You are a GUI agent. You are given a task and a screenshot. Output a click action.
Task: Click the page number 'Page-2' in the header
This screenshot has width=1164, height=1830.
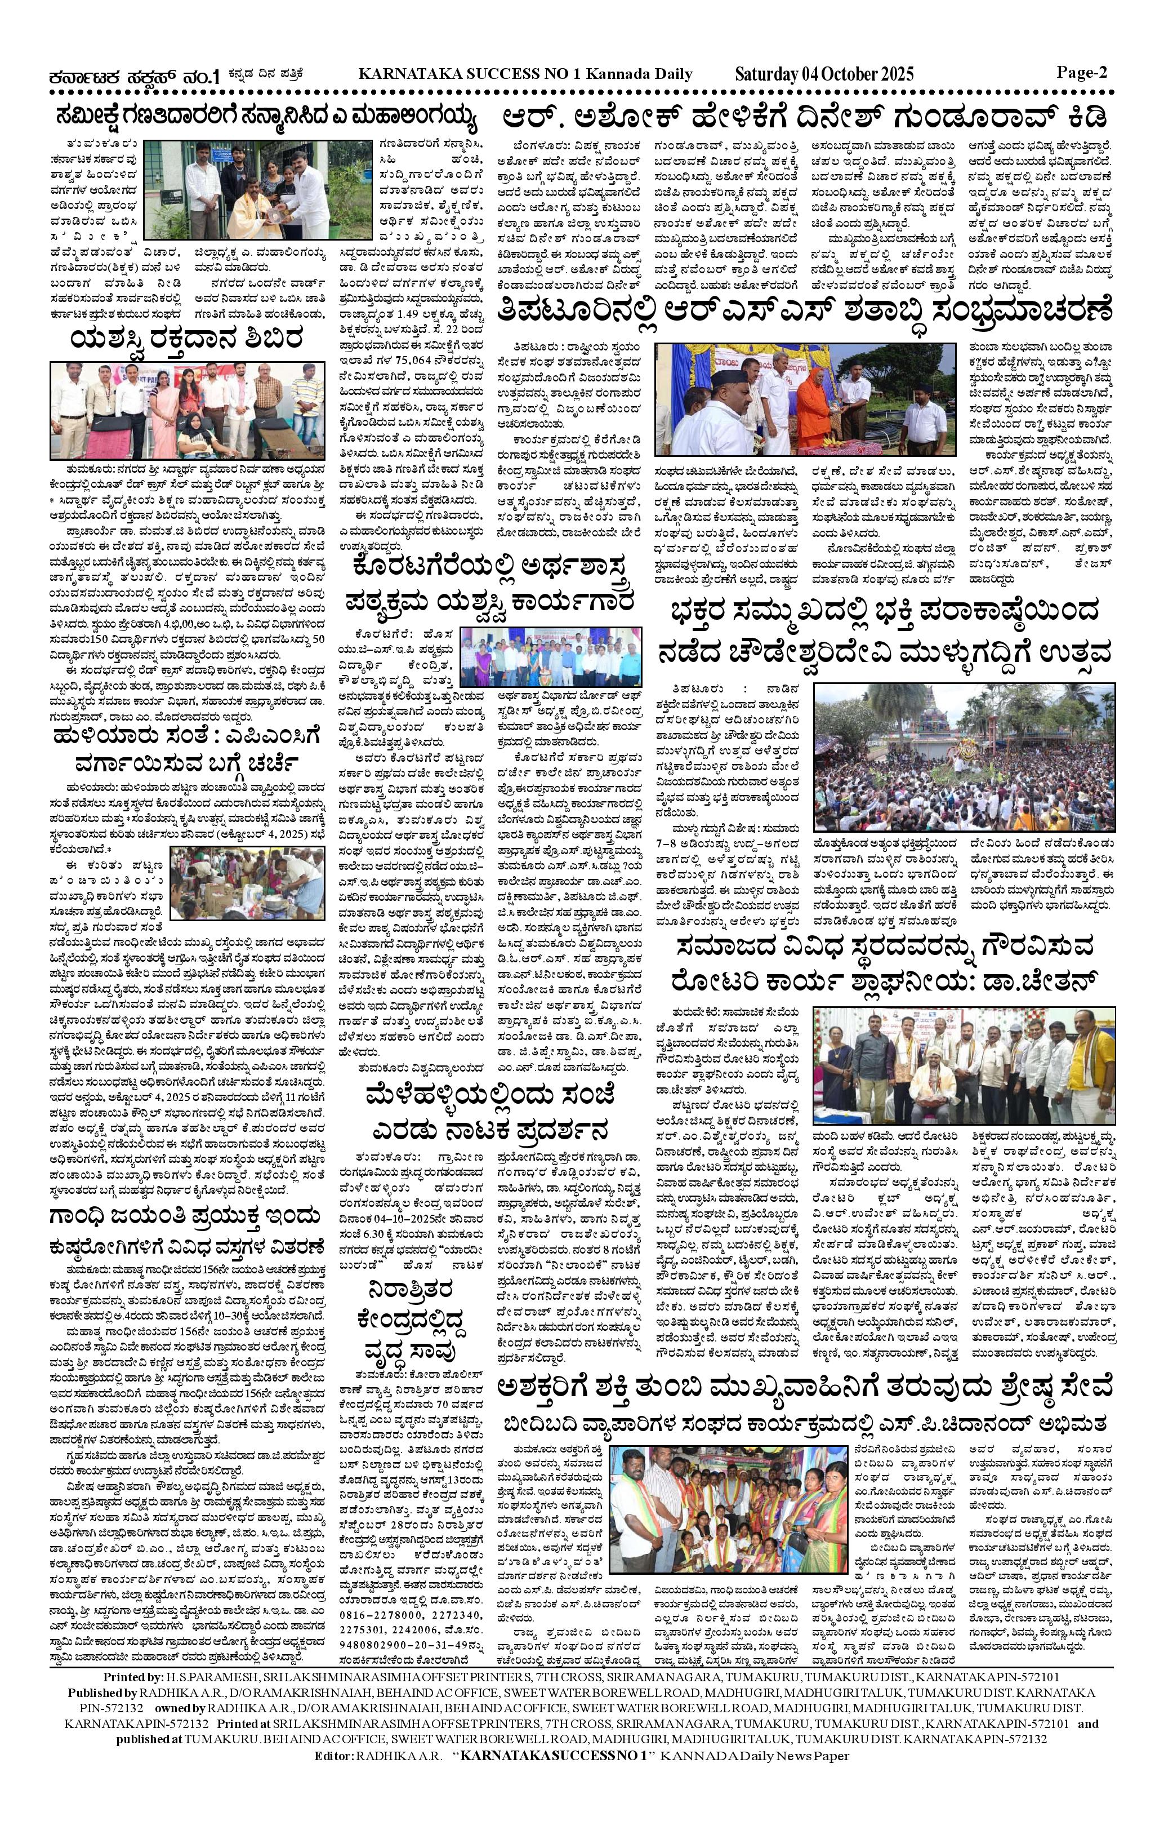tap(1082, 73)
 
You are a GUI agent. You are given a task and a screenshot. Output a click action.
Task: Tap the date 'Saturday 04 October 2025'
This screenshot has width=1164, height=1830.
tap(824, 74)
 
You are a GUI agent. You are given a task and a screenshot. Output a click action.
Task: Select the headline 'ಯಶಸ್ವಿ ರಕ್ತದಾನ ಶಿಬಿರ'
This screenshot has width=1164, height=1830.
tap(186, 339)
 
